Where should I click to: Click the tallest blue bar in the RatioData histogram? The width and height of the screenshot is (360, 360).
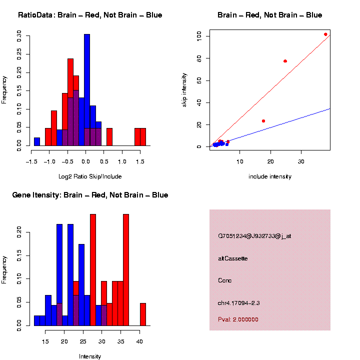click(x=87, y=90)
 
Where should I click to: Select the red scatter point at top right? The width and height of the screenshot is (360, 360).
click(x=325, y=34)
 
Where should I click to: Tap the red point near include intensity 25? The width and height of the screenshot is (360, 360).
click(x=285, y=61)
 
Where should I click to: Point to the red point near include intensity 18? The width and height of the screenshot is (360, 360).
click(x=263, y=121)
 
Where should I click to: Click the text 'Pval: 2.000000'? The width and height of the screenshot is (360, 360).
click(x=238, y=319)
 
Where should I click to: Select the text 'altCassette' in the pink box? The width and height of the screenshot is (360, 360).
click(x=232, y=258)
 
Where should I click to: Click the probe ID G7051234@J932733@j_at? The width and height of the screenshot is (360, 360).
click(x=254, y=236)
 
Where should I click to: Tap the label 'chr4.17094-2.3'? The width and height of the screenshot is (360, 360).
click(x=239, y=303)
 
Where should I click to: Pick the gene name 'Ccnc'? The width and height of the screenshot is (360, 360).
click(x=225, y=280)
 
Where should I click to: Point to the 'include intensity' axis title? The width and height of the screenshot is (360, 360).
click(x=270, y=176)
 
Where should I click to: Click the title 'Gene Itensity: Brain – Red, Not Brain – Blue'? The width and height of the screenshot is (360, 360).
click(x=90, y=195)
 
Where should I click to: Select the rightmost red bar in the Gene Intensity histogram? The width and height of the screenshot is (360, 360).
click(x=143, y=314)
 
